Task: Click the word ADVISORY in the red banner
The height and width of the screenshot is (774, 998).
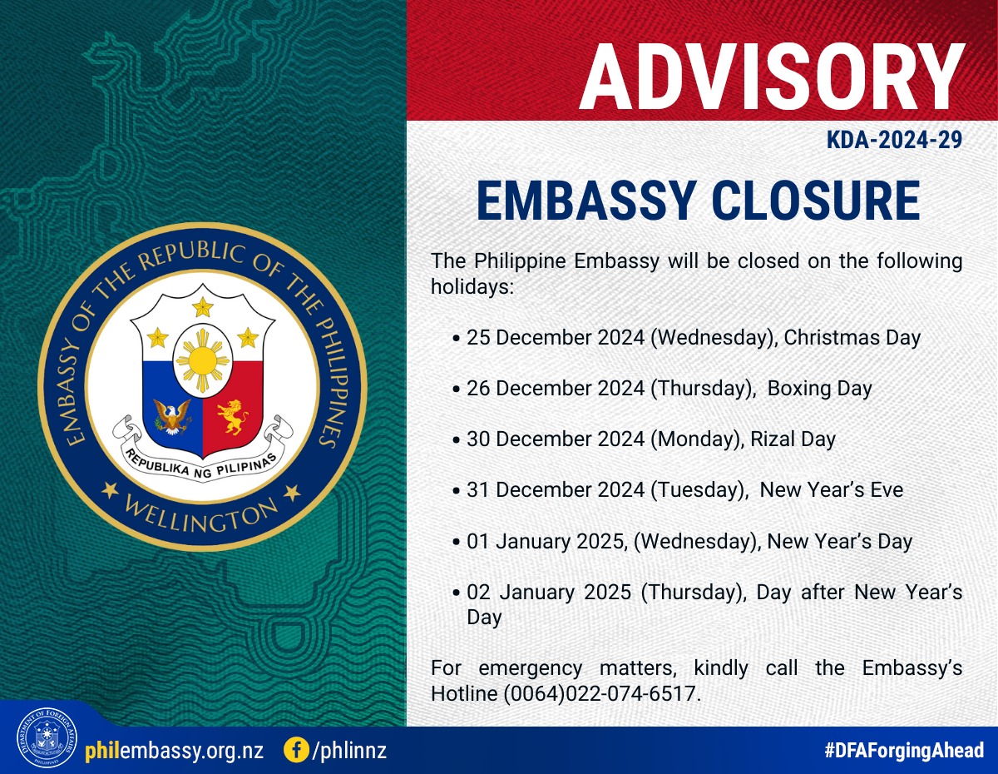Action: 772,77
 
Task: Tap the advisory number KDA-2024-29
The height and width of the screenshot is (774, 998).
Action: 894,140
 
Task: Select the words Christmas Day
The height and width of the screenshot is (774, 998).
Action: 852,338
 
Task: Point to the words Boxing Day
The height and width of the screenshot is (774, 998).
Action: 819,389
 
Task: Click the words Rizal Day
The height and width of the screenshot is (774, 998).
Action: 793,439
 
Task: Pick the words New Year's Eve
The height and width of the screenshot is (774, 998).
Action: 832,489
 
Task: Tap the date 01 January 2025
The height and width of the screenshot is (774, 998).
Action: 547,541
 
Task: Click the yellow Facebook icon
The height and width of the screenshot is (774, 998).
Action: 297,751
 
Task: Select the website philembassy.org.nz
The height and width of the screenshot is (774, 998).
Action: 175,751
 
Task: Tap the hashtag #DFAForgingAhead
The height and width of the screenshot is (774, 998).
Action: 903,750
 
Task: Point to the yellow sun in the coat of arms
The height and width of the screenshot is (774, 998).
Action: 203,361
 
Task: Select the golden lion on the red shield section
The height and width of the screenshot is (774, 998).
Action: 233,417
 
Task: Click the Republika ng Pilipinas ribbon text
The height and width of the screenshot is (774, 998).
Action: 201,465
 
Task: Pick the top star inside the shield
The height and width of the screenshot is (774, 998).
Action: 203,307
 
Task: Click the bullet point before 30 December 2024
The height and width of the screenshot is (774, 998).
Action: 456,440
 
